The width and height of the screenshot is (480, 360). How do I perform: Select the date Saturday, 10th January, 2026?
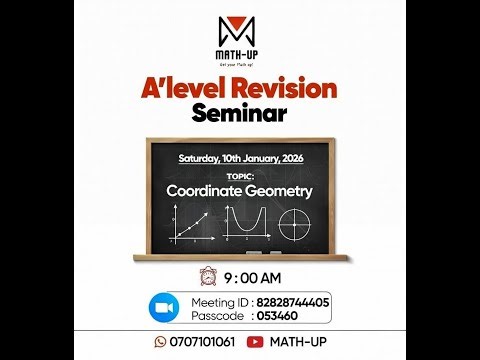tap(239, 159)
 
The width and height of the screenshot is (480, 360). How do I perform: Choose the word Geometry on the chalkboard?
tap(281, 190)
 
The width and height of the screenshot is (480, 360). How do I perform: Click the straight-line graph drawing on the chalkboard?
tap(187, 223)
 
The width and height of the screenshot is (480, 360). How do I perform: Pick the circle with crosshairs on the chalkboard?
tap(296, 222)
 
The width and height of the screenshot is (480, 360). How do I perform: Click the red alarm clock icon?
tap(207, 277)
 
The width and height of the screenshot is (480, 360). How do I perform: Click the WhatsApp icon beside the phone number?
tap(157, 342)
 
